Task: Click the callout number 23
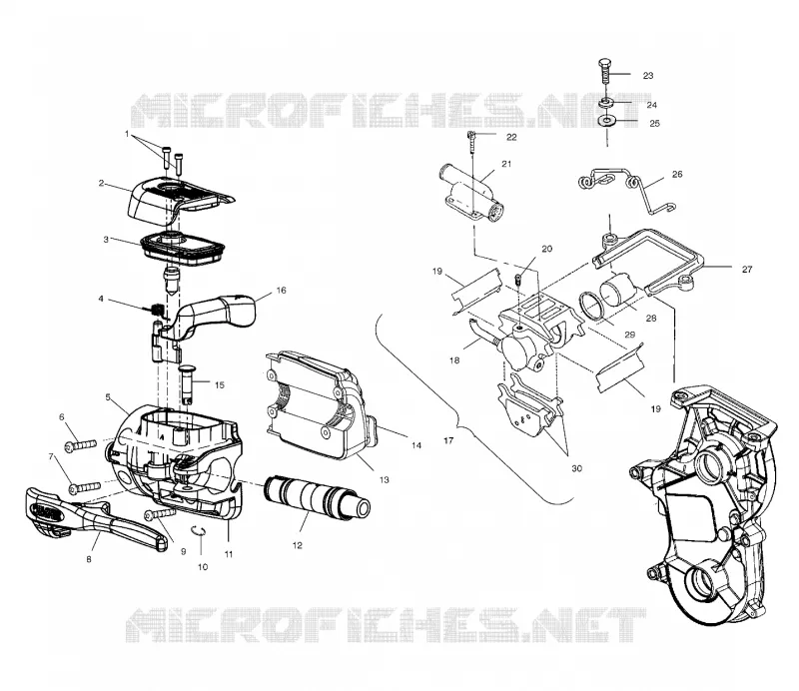click(647, 76)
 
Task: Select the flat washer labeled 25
click(607, 121)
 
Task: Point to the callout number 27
click(746, 269)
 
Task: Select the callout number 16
click(281, 291)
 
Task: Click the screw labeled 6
click(81, 445)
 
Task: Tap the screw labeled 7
click(85, 487)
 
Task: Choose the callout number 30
click(576, 468)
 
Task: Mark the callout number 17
click(448, 440)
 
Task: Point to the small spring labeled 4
click(158, 309)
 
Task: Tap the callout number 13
click(384, 479)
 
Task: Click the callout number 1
click(127, 134)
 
